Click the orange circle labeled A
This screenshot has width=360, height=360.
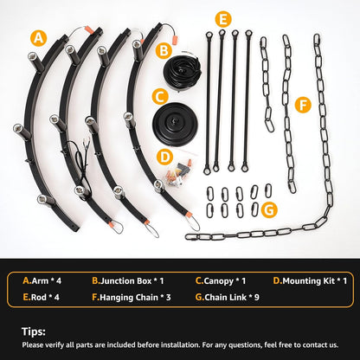(39, 38)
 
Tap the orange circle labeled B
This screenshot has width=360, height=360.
(164, 51)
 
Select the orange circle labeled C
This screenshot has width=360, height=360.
(160, 97)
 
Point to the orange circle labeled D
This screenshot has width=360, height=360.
(164, 157)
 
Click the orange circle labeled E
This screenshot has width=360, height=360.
(223, 19)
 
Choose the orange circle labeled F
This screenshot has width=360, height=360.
(303, 105)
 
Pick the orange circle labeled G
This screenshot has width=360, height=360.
(269, 210)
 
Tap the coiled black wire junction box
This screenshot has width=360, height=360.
(182, 71)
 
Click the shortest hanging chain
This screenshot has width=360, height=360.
(267, 84)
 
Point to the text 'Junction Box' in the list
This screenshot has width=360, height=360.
(125, 281)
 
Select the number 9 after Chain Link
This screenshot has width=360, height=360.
(256, 297)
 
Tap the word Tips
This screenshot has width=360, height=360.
(34, 331)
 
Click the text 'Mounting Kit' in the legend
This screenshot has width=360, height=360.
(308, 281)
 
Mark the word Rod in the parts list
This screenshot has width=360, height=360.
(39, 297)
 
